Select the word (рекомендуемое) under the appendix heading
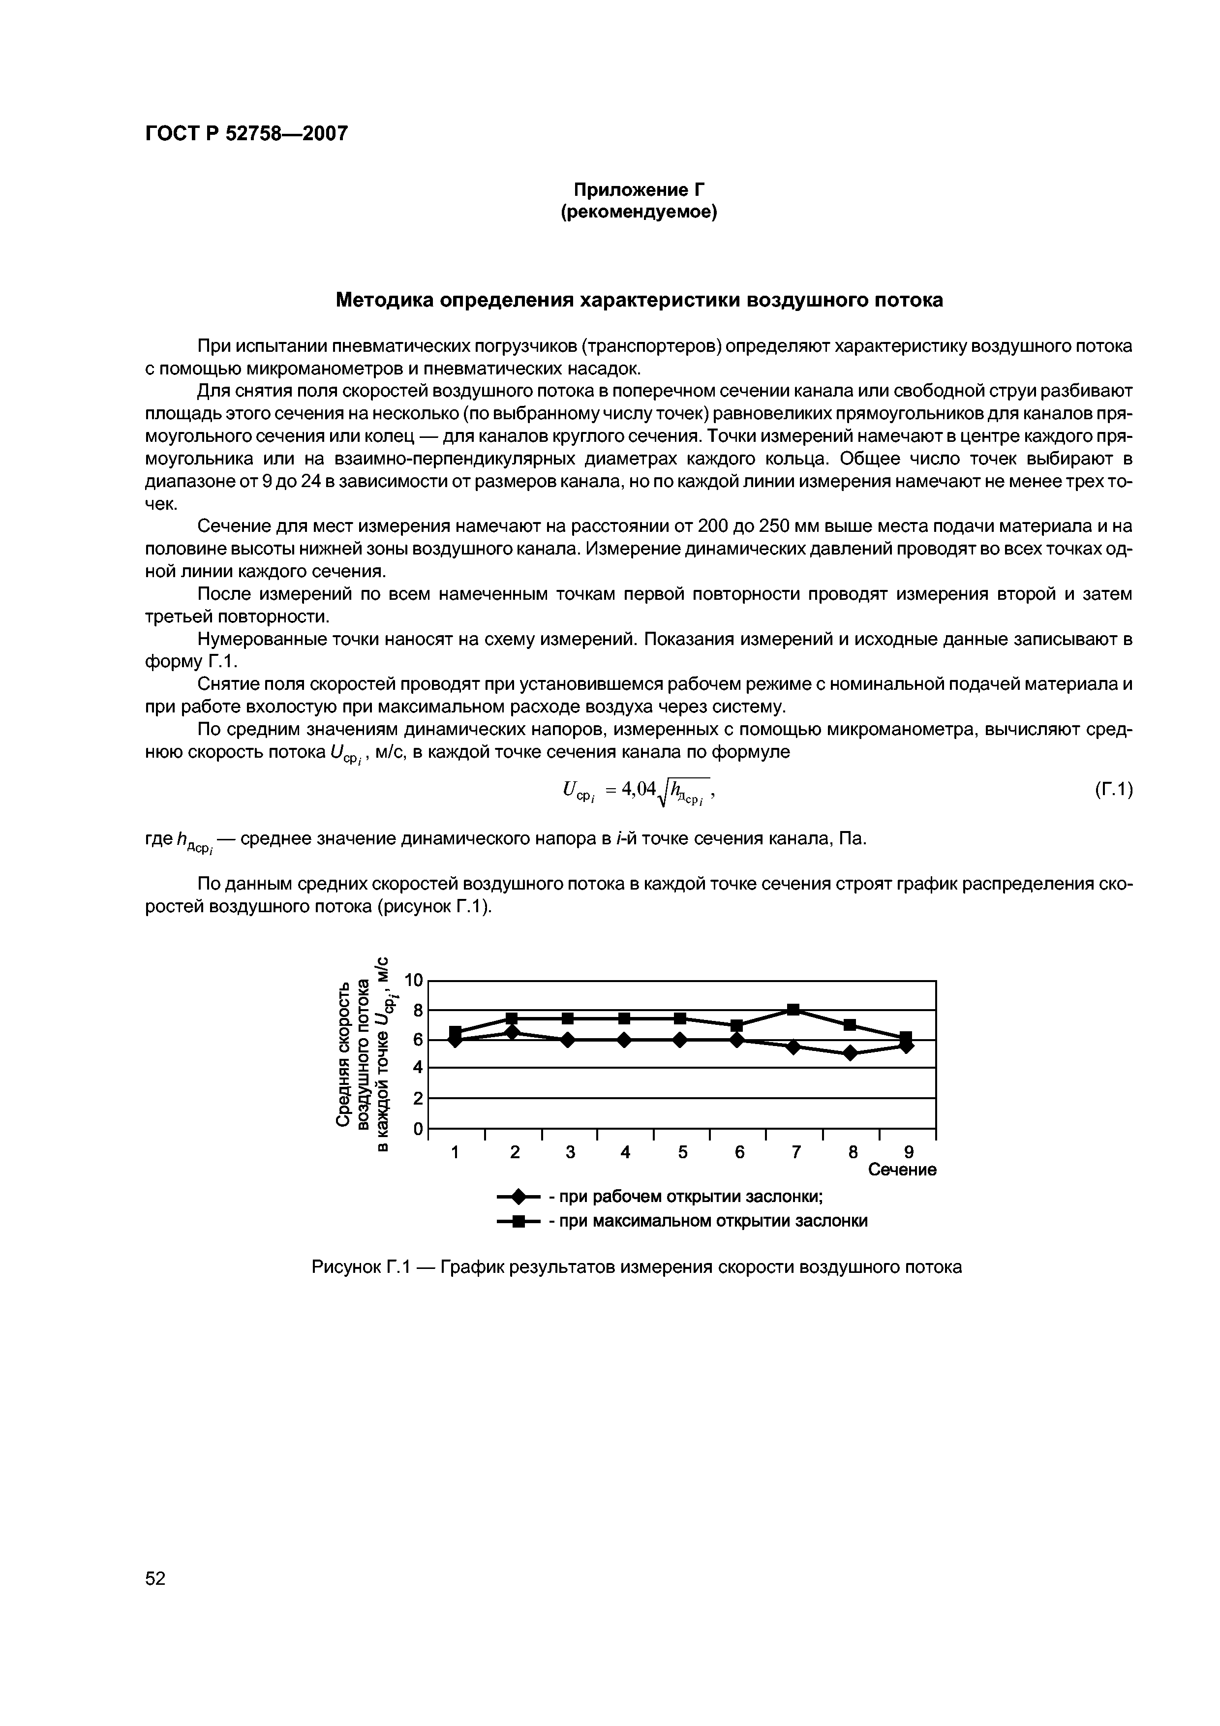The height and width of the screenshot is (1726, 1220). [639, 213]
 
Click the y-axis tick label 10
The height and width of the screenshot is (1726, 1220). [414, 980]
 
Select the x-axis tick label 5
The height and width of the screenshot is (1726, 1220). [682, 1152]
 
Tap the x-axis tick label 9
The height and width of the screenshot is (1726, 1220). [908, 1152]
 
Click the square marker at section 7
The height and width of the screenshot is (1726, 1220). [793, 1010]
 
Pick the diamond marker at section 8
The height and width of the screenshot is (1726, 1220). [850, 1053]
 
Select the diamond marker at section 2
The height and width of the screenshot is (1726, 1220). [512, 1032]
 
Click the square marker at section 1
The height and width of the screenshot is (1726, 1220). [455, 1031]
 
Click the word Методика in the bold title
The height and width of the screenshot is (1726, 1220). [382, 300]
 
